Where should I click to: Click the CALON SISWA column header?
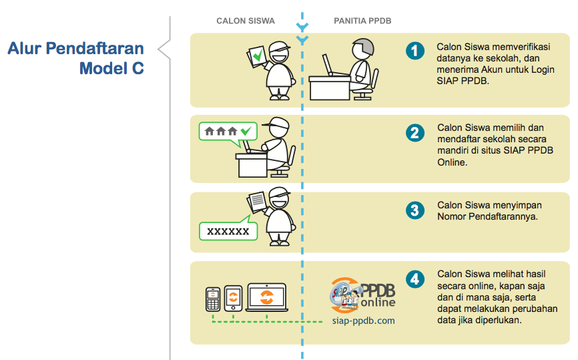click(x=246, y=21)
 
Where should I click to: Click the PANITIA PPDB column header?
click(x=362, y=21)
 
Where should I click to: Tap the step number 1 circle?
click(x=415, y=51)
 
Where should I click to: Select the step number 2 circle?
click(x=415, y=133)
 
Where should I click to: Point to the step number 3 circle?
click(x=415, y=210)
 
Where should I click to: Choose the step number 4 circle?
click(x=415, y=280)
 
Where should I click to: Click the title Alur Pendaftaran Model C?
click(x=76, y=58)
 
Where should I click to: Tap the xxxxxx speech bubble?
click(x=228, y=230)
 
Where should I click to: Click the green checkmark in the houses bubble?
click(x=246, y=130)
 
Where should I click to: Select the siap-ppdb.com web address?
click(x=364, y=321)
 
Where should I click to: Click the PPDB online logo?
click(x=362, y=295)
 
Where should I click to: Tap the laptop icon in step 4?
click(x=267, y=297)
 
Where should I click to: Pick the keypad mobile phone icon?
click(x=213, y=299)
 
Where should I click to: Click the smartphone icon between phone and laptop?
click(x=234, y=299)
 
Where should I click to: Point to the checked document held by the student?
click(x=256, y=57)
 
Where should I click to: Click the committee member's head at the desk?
click(x=362, y=48)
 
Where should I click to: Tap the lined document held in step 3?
click(x=256, y=202)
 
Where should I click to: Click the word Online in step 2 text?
click(x=453, y=162)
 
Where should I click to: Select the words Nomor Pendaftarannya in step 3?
click(x=487, y=216)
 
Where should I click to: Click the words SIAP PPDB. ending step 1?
click(x=463, y=81)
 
